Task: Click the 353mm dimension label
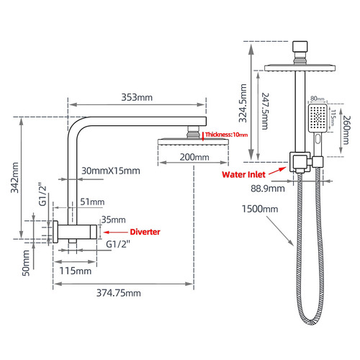pos(137,97)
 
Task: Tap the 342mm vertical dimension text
pos(15,177)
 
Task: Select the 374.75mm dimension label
pos(119,293)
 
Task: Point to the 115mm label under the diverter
pos(76,271)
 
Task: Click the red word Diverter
pos(145,232)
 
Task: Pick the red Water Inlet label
pos(243,174)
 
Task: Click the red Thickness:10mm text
pos(226,135)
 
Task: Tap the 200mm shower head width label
pos(194,157)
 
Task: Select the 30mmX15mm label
pos(111,171)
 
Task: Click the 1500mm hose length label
pos(260,209)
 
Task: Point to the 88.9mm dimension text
pos(268,189)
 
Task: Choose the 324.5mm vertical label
pos(243,103)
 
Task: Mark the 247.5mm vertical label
pos(265,111)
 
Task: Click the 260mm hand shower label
pos(346,130)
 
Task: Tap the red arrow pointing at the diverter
pos(116,232)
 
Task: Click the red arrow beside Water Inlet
pos(278,171)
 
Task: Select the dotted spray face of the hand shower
pos(318,117)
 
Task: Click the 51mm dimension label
pos(92,202)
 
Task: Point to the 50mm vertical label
pos(26,263)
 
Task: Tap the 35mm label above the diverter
pos(114,220)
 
